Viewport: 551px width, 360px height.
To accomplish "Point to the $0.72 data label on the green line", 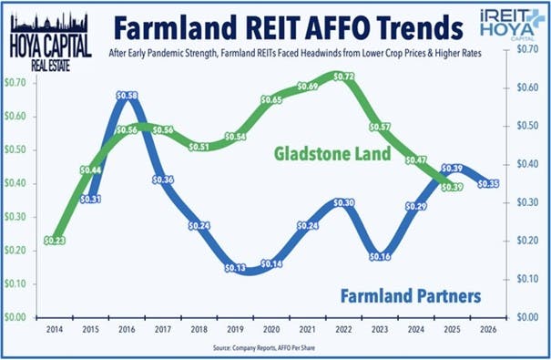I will click(x=344, y=77).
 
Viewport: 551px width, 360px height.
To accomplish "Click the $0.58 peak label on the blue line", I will click(x=128, y=96).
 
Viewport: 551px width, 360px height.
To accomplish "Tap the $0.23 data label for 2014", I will click(x=56, y=241).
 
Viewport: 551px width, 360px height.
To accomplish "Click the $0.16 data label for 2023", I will click(x=382, y=257).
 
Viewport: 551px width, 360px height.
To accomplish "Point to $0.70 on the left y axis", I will click(x=15, y=83).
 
